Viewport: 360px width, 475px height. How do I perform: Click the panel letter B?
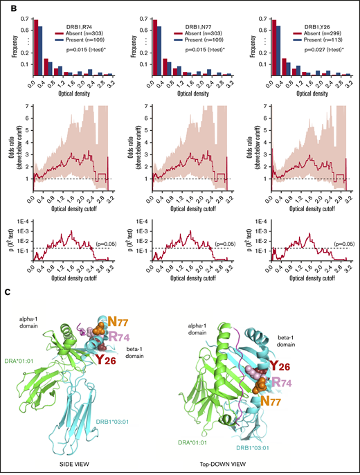(6, 6)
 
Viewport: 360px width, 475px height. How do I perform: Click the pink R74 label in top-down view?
(291, 381)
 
